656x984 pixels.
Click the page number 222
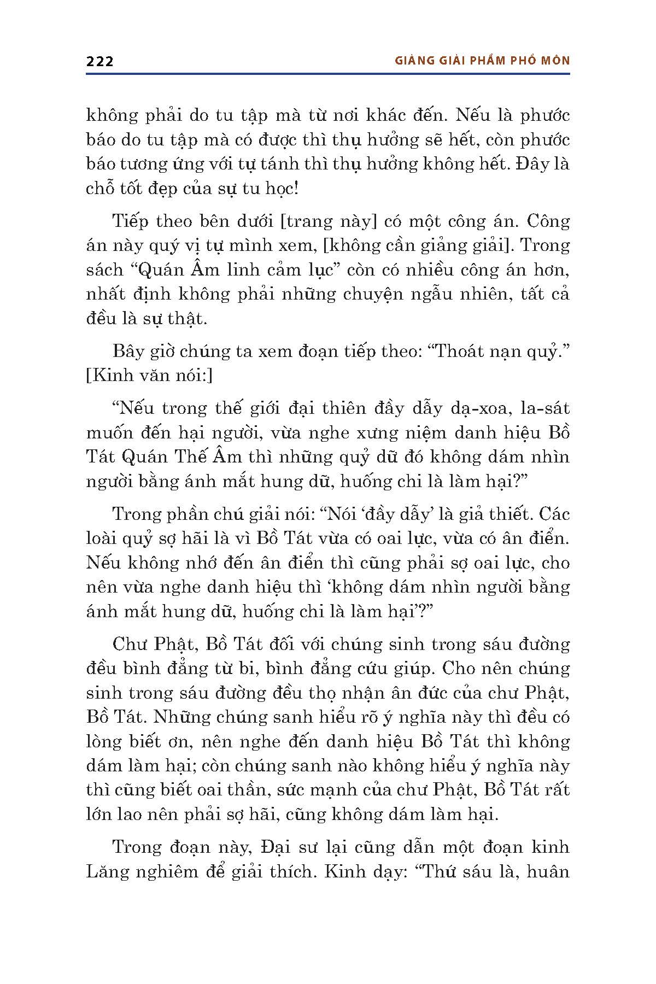pyautogui.click(x=99, y=61)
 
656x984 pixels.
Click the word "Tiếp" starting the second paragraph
pyautogui.click(x=131, y=221)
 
